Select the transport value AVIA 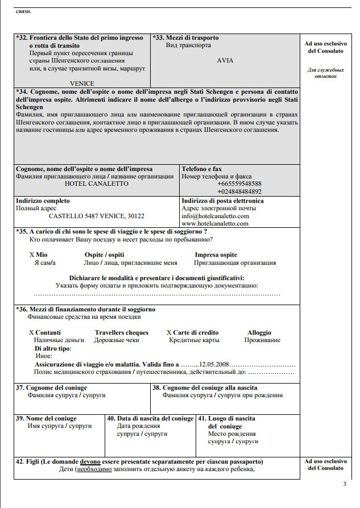coord(226,60)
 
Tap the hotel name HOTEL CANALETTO coord(89,184)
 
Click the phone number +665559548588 coord(239,184)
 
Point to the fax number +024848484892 coord(239,191)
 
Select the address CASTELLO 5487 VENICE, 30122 coord(97,216)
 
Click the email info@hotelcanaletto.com coord(216,216)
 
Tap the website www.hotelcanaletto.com coord(215,223)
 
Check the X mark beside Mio coord(31,255)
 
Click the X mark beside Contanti coord(31,332)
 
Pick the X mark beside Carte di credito coord(169,332)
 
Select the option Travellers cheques coord(122,332)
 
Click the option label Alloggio coord(259,332)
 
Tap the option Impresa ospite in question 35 coord(216,255)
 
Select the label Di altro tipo coord(53,348)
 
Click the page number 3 coord(345,484)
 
